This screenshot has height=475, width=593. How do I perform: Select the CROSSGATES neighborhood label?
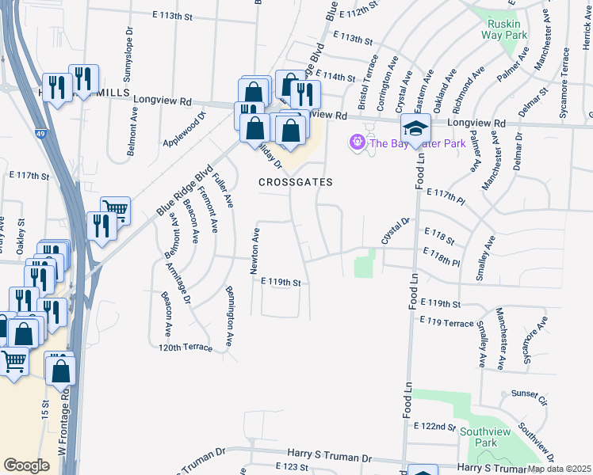coord(295,182)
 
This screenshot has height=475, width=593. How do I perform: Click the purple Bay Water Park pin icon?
coord(357,142)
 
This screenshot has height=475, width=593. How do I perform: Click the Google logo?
coord(27,465)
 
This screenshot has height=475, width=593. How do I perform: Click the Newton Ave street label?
coord(255,251)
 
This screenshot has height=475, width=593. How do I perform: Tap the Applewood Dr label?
coord(184,125)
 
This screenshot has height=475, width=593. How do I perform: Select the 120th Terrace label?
coord(186,348)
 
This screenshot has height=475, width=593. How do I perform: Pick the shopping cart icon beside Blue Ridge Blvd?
coord(115,211)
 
